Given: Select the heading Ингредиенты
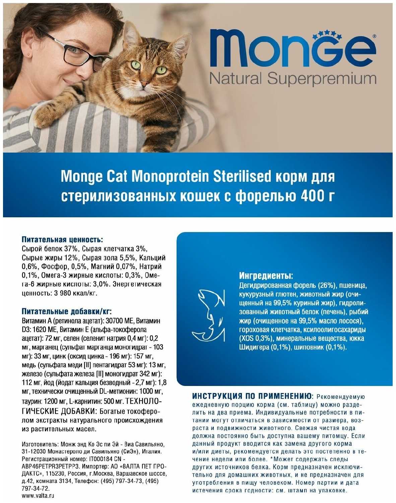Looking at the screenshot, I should tap(266, 276).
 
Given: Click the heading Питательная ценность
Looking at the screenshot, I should tap(62, 240).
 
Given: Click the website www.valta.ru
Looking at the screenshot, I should tap(38, 496).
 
